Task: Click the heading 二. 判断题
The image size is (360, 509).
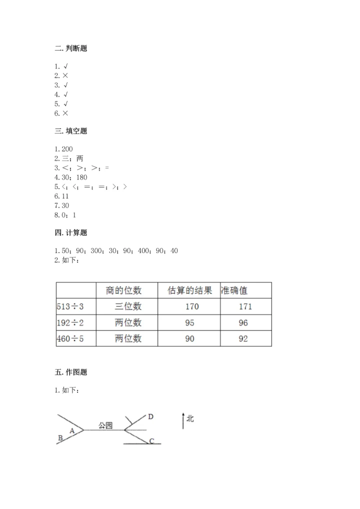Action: pos(71,48)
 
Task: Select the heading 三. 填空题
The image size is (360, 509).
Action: pos(71,131)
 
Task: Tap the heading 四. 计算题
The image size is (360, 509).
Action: pos(71,232)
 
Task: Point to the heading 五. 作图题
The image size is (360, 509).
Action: pos(71,372)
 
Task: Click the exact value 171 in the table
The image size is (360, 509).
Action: pos(245,306)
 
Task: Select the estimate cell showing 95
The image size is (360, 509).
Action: pos(189,322)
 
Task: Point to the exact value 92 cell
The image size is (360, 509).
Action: pos(243,338)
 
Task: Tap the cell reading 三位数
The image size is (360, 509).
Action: pos(128,306)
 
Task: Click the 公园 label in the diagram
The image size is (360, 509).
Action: pos(105,425)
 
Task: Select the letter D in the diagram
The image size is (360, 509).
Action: pos(150,416)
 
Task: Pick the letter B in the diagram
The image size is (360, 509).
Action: pos(60,438)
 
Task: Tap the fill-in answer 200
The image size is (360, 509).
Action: pos(66,149)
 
